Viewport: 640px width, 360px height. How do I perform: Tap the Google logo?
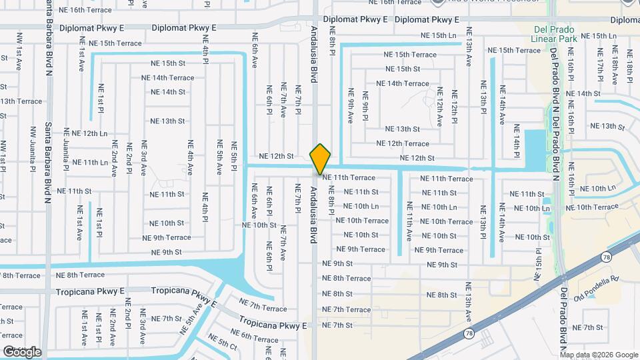tap(22, 351)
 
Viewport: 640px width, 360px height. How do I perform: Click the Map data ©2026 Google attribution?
tap(599, 355)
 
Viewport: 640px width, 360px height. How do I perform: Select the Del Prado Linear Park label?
tap(557, 35)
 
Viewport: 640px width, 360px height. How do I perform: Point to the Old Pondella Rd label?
tap(597, 287)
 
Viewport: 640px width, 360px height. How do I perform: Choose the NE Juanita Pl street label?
tap(66, 153)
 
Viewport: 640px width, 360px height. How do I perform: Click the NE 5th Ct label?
tap(223, 345)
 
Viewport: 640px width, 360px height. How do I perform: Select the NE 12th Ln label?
tap(89, 133)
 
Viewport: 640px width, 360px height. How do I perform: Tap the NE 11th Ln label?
tap(89, 163)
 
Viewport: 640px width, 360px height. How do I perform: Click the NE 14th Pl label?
tap(516, 140)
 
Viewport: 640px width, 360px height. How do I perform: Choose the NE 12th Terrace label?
tap(403, 143)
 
